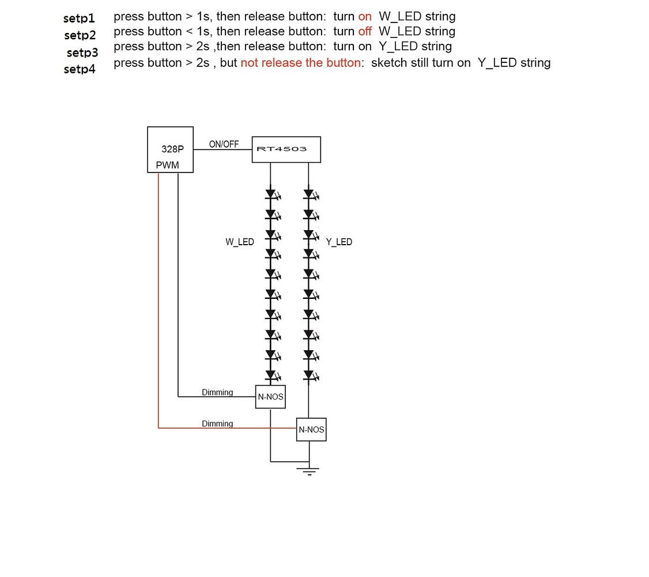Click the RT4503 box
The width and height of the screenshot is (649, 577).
[286, 149]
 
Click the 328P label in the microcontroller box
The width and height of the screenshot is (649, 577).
[172, 148]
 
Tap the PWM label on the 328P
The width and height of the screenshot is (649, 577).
[167, 166]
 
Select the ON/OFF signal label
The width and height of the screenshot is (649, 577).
[224, 144]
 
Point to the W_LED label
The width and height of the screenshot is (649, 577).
[239, 242]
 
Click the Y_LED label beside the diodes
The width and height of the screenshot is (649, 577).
[339, 242]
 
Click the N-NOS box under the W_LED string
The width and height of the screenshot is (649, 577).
[270, 397]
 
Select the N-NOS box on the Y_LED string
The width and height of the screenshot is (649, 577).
[311, 430]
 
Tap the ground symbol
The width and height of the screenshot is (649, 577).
[310, 470]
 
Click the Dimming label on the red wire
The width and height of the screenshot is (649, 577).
[217, 424]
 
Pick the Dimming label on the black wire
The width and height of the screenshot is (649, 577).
[217, 393]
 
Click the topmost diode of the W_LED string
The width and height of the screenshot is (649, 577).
[270, 194]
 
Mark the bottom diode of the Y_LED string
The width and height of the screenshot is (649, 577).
[308, 375]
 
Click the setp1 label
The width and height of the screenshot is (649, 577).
[79, 18]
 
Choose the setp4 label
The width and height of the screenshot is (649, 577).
[80, 70]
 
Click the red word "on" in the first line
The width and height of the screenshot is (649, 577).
[365, 17]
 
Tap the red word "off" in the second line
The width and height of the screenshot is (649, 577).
[365, 31]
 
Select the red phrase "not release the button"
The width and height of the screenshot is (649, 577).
[300, 63]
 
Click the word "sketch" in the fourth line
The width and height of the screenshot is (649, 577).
[389, 63]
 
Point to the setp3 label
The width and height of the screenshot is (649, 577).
[82, 53]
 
